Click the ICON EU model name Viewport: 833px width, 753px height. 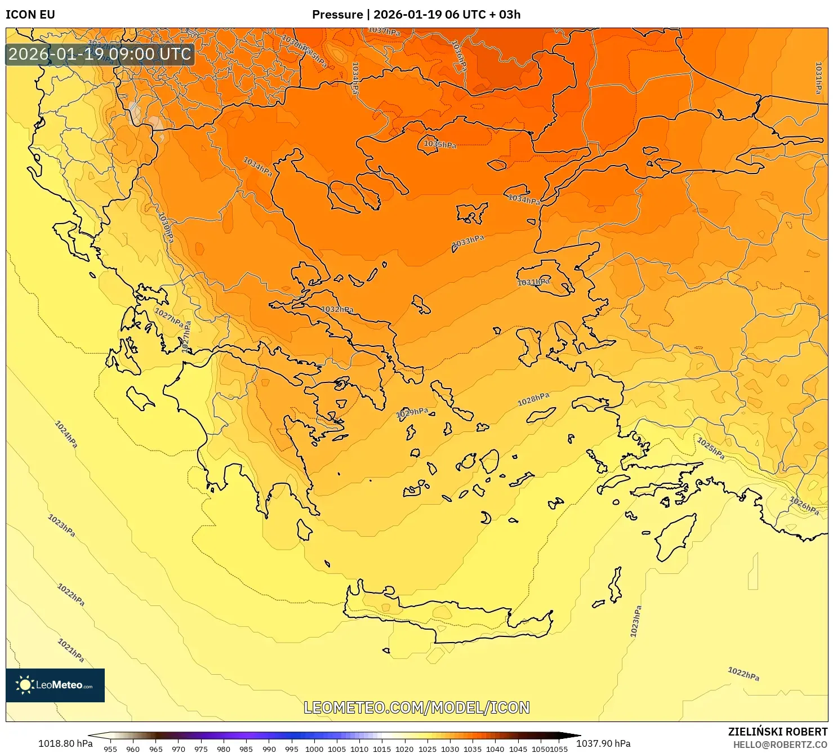pos(30,15)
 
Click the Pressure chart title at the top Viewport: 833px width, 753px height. pos(416,15)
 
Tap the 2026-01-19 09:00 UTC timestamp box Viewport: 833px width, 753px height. pos(100,55)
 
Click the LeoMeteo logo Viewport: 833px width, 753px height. pos(55,685)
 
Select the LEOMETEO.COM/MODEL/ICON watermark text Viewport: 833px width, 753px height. pos(417,708)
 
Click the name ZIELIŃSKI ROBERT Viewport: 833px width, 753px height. pos(778,732)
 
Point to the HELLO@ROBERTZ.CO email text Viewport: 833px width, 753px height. pos(780,745)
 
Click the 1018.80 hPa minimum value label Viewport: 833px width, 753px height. pos(65,743)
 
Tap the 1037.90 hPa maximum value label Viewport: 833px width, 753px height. pos(603,743)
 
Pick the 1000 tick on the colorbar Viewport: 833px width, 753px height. pos(314,749)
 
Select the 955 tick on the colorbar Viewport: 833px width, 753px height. pos(110,749)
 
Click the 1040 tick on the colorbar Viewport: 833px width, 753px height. pos(495,749)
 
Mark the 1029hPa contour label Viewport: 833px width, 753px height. pos(412,413)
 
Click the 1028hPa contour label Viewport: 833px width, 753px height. pos(533,399)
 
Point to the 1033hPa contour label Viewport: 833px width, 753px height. pos(468,242)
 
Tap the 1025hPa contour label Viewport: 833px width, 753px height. pos(711,448)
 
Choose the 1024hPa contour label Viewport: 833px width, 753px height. pos(66,434)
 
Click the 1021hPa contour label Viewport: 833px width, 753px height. pos(71,650)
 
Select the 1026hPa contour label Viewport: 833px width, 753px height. pos(804,505)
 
